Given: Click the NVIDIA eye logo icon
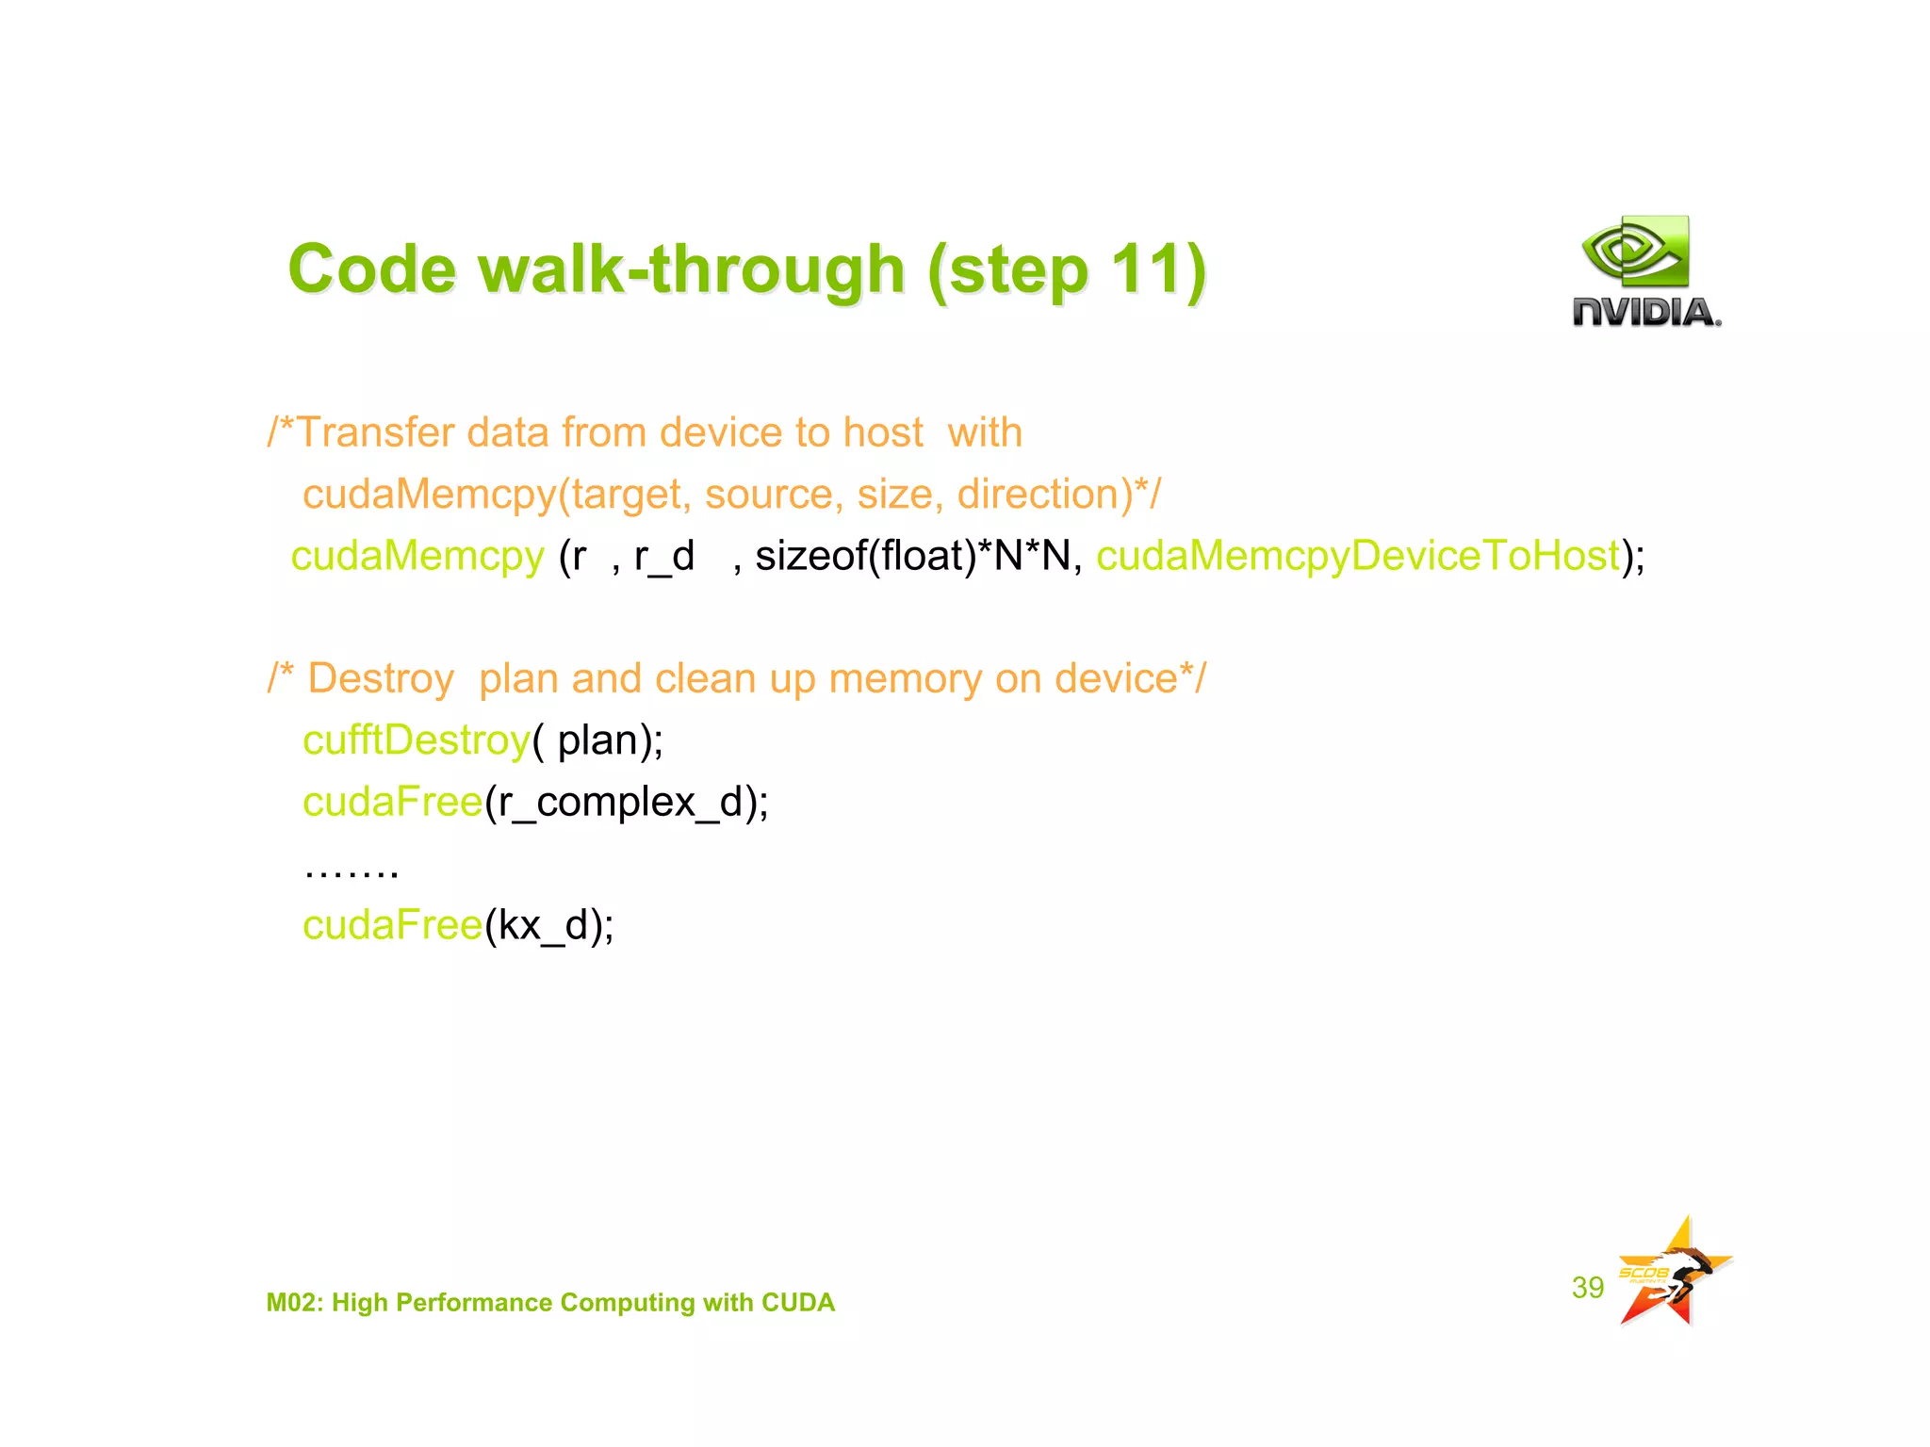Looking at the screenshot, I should coord(1636,251).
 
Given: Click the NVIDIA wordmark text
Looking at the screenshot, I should coord(1645,312).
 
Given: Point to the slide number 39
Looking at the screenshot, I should coord(1587,1287).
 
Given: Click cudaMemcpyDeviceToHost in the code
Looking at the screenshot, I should coord(1357,556).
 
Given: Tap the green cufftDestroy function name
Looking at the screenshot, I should coord(416,740).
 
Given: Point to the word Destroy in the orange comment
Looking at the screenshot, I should coord(381,679).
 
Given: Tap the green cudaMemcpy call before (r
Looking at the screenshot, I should coord(417,556).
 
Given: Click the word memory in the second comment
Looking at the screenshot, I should coord(905,679).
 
